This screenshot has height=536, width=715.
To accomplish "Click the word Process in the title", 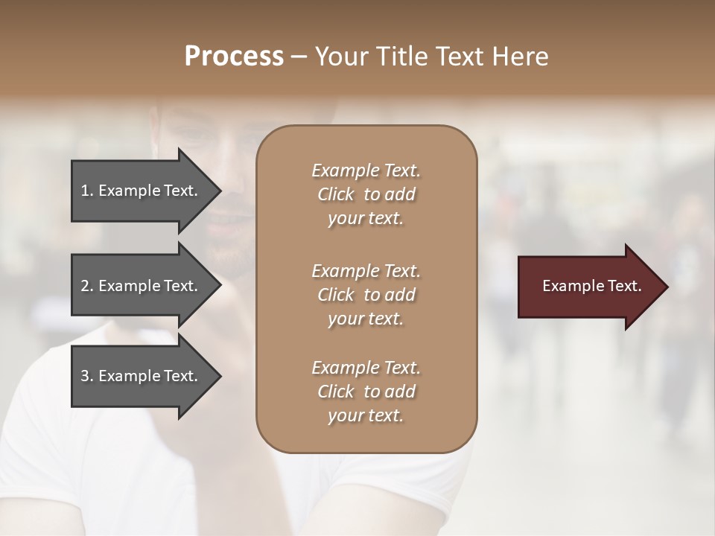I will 234,57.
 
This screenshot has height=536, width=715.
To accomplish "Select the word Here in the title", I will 521,57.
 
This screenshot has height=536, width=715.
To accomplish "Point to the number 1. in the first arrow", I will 87,191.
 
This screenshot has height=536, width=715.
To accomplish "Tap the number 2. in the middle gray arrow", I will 87,286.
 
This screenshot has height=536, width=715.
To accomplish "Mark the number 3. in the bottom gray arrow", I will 87,376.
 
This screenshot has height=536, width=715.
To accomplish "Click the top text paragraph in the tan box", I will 366,194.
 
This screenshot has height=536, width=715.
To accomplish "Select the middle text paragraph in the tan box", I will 366,295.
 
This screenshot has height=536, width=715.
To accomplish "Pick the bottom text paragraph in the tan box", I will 366,392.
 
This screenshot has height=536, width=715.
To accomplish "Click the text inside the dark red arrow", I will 592,286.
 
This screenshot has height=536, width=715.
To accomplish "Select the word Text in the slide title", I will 465,57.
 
